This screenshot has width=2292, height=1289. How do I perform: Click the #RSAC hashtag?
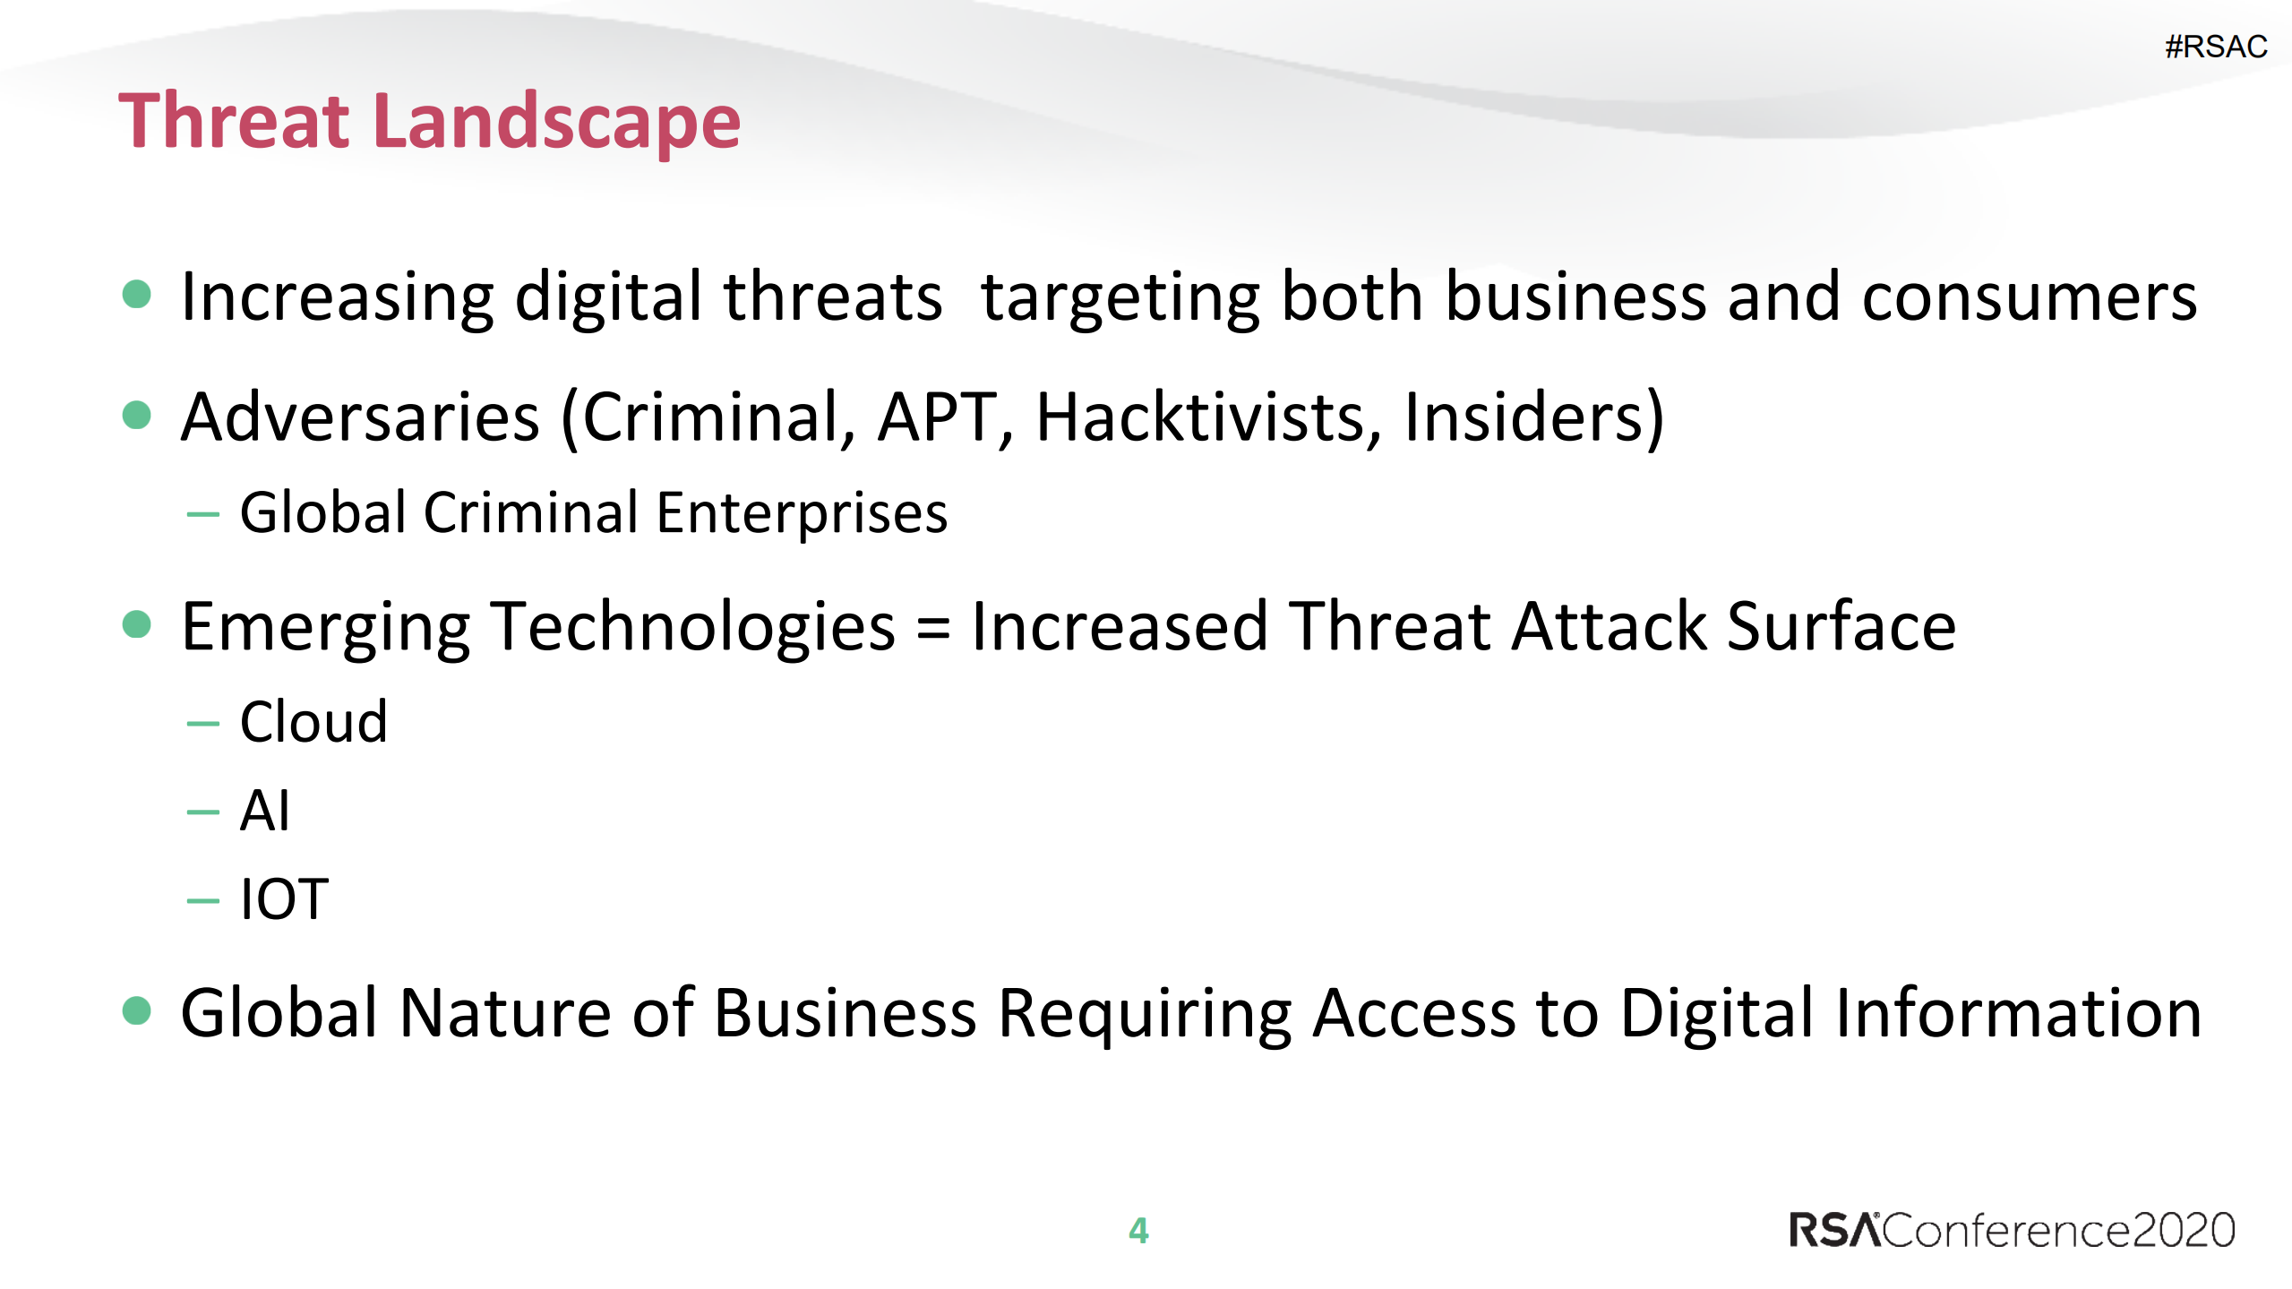tap(2215, 47)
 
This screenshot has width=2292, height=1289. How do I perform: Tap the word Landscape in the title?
tap(556, 123)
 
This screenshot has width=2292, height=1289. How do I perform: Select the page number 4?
tap(1138, 1231)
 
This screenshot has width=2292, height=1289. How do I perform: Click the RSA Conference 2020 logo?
tap(2012, 1230)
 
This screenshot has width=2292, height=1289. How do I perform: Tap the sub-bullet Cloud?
tap(313, 722)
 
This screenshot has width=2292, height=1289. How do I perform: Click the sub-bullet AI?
tap(265, 811)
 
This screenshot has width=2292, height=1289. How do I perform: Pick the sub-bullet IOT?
tap(285, 899)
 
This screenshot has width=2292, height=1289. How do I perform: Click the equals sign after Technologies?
tap(932, 628)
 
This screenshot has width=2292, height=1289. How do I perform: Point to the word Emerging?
tap(326, 628)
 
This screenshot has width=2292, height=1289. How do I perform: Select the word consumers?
tap(2029, 298)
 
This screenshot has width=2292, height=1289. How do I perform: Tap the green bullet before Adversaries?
tap(136, 415)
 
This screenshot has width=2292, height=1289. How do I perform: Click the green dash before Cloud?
tap(202, 724)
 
